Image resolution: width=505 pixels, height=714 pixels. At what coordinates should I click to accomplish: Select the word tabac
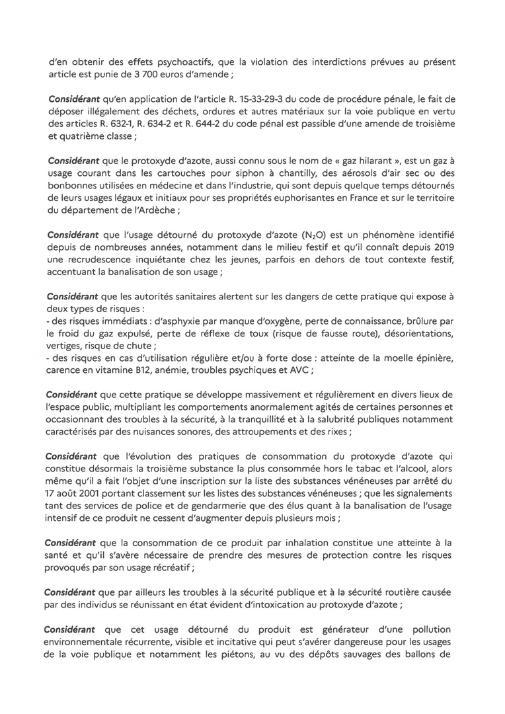click(348, 469)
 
